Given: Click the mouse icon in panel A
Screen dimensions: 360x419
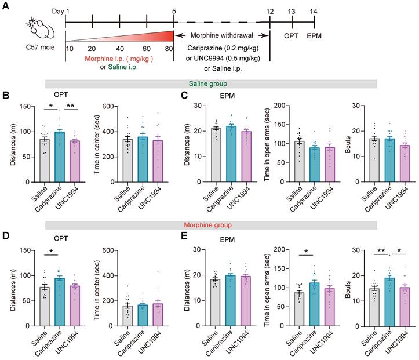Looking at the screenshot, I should point(39,28).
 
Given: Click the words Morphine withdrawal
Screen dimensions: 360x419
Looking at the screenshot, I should point(223,36).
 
